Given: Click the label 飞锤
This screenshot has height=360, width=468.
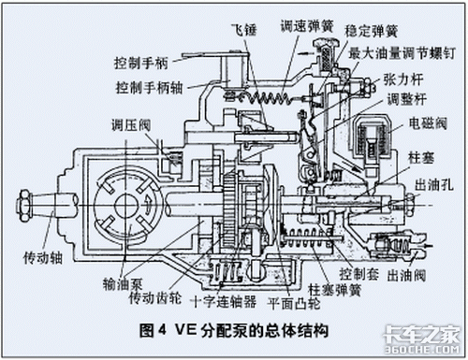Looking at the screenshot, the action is pyautogui.click(x=244, y=30).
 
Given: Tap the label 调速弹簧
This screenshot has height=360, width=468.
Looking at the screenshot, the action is pyautogui.click(x=307, y=26).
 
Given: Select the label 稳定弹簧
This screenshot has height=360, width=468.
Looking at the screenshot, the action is pyautogui.click(x=371, y=31).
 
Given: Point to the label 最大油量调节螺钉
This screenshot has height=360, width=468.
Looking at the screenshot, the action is pyautogui.click(x=402, y=53).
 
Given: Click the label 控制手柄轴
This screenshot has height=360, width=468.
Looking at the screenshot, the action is pyautogui.click(x=149, y=88).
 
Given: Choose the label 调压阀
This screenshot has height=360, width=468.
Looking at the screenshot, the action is pyautogui.click(x=131, y=125).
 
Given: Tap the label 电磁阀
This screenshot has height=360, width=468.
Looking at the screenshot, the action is pyautogui.click(x=428, y=123).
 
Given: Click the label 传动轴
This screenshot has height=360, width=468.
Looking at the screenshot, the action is pyautogui.click(x=43, y=258).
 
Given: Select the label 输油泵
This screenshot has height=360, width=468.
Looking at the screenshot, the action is pyautogui.click(x=123, y=284).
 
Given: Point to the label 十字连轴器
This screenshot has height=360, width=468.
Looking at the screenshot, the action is pyautogui.click(x=224, y=301).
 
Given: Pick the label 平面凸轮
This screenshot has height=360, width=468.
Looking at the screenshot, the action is pyautogui.click(x=294, y=303).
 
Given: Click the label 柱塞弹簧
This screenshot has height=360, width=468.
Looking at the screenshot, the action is pyautogui.click(x=334, y=290).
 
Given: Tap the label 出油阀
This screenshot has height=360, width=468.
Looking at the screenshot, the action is pyautogui.click(x=406, y=275).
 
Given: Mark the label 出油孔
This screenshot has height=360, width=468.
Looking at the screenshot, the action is pyautogui.click(x=434, y=185).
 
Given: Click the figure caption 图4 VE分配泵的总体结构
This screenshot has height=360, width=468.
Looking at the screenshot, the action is pyautogui.click(x=234, y=330).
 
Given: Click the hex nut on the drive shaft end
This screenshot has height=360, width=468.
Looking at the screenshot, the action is pyautogui.click(x=24, y=206).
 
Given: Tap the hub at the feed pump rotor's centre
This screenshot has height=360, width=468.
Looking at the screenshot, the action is pyautogui.click(x=126, y=206).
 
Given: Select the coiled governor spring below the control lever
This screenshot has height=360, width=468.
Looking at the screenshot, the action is pyautogui.click(x=265, y=98).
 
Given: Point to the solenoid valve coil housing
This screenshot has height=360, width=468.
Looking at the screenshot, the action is pyautogui.click(x=373, y=137).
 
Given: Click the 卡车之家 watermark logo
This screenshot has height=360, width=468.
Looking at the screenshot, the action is pyautogui.click(x=421, y=339).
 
